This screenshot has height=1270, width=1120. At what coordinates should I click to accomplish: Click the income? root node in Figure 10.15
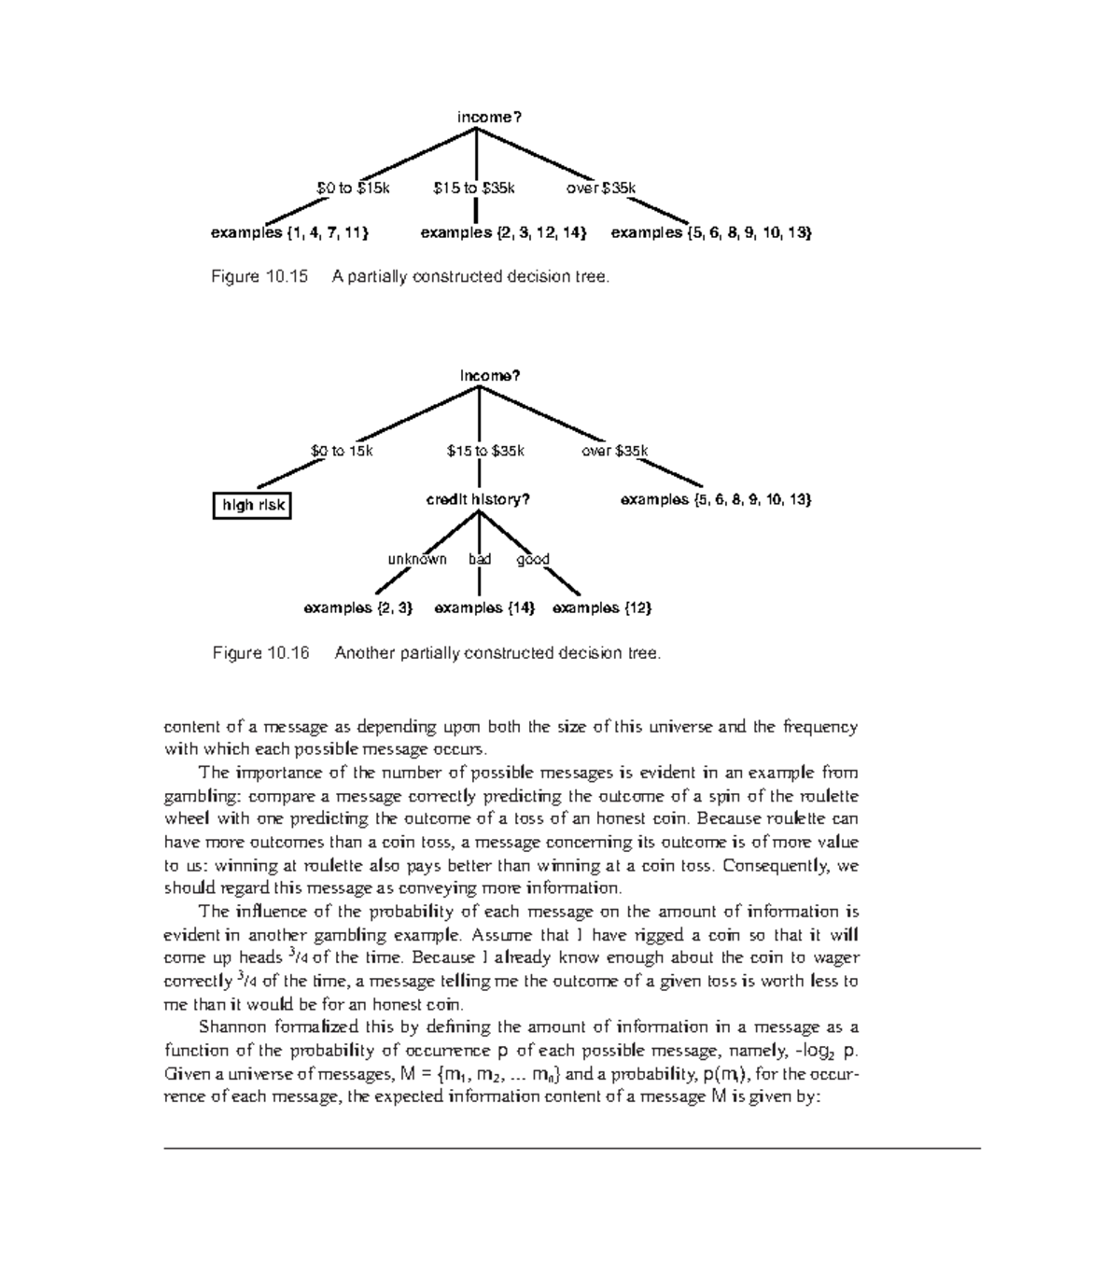click(488, 117)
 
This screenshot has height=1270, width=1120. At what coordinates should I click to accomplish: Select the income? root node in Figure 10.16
click(489, 375)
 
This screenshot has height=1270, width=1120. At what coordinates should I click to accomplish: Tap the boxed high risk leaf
click(251, 506)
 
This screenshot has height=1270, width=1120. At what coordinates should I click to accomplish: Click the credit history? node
click(478, 499)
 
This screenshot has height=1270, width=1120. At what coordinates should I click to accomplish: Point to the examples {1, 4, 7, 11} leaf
click(289, 232)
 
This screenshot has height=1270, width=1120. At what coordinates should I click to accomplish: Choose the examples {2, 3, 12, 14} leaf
click(503, 232)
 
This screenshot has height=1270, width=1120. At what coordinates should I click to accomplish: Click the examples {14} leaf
click(484, 607)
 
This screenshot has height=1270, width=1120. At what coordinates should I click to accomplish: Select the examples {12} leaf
click(602, 607)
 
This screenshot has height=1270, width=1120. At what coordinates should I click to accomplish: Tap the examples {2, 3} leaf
click(358, 607)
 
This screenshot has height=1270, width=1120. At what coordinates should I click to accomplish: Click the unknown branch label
click(417, 559)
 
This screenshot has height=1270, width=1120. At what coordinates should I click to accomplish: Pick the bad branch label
click(480, 559)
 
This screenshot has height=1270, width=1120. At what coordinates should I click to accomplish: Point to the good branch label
click(533, 559)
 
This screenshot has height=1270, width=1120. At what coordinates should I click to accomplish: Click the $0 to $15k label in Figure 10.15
click(353, 188)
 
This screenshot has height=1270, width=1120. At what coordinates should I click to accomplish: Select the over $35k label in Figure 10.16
click(614, 451)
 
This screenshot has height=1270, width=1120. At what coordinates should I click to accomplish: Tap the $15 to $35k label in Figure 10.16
click(484, 451)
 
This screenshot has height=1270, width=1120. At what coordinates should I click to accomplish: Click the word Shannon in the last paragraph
click(229, 1027)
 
